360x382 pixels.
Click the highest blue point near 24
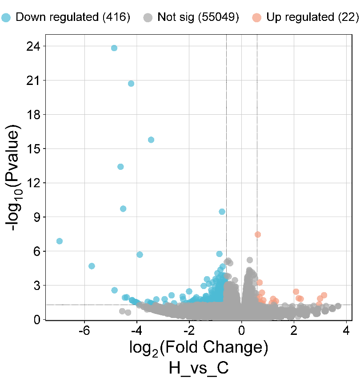click(114, 48)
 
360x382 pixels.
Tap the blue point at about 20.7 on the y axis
click(131, 84)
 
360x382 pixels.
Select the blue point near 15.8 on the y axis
click(151, 140)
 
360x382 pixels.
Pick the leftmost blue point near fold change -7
click(60, 241)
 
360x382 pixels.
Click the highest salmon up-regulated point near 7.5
click(258, 234)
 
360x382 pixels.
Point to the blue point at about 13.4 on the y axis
click(120, 167)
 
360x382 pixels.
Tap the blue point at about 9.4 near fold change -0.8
click(222, 212)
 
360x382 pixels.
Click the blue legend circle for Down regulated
click(6, 18)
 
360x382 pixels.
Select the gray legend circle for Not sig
click(148, 18)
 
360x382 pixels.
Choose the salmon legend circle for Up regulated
click(256, 18)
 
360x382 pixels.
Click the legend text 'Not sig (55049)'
click(198, 18)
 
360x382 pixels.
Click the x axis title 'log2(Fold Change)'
click(198, 348)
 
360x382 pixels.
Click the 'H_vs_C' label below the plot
click(198, 369)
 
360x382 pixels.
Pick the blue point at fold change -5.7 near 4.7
click(92, 266)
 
